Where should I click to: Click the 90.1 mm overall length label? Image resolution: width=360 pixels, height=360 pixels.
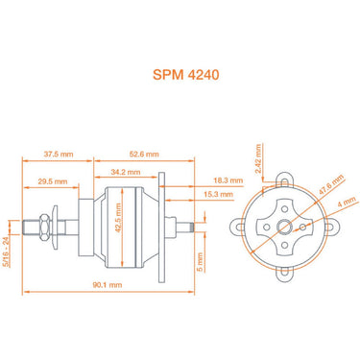(108, 285)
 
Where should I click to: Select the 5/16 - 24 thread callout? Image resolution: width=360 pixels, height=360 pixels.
(9, 251)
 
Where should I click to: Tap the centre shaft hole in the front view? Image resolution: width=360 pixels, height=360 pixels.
(286, 227)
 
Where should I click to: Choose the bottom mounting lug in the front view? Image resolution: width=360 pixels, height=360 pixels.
(286, 274)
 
